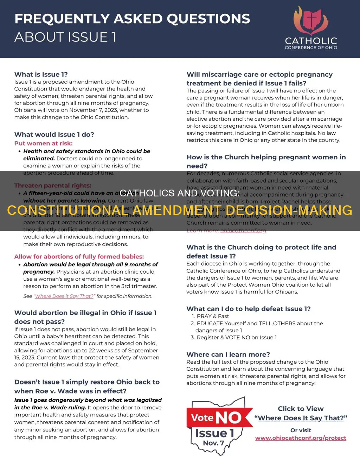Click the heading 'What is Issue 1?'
41,74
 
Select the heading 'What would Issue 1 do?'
54,134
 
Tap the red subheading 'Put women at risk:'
43,143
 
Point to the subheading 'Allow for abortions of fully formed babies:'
79,256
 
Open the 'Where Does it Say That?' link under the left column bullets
64,296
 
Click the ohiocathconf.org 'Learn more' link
243,230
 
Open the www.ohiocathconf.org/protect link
301,438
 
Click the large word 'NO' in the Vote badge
229,418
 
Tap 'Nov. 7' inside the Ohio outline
213,443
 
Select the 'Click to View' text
301,409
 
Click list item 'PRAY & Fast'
213,316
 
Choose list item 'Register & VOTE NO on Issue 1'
236,337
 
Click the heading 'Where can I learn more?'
228,354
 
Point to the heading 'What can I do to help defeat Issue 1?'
248,309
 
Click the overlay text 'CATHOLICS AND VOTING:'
180,193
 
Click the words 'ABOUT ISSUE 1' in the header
65,37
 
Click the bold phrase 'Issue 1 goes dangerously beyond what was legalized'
88,400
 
